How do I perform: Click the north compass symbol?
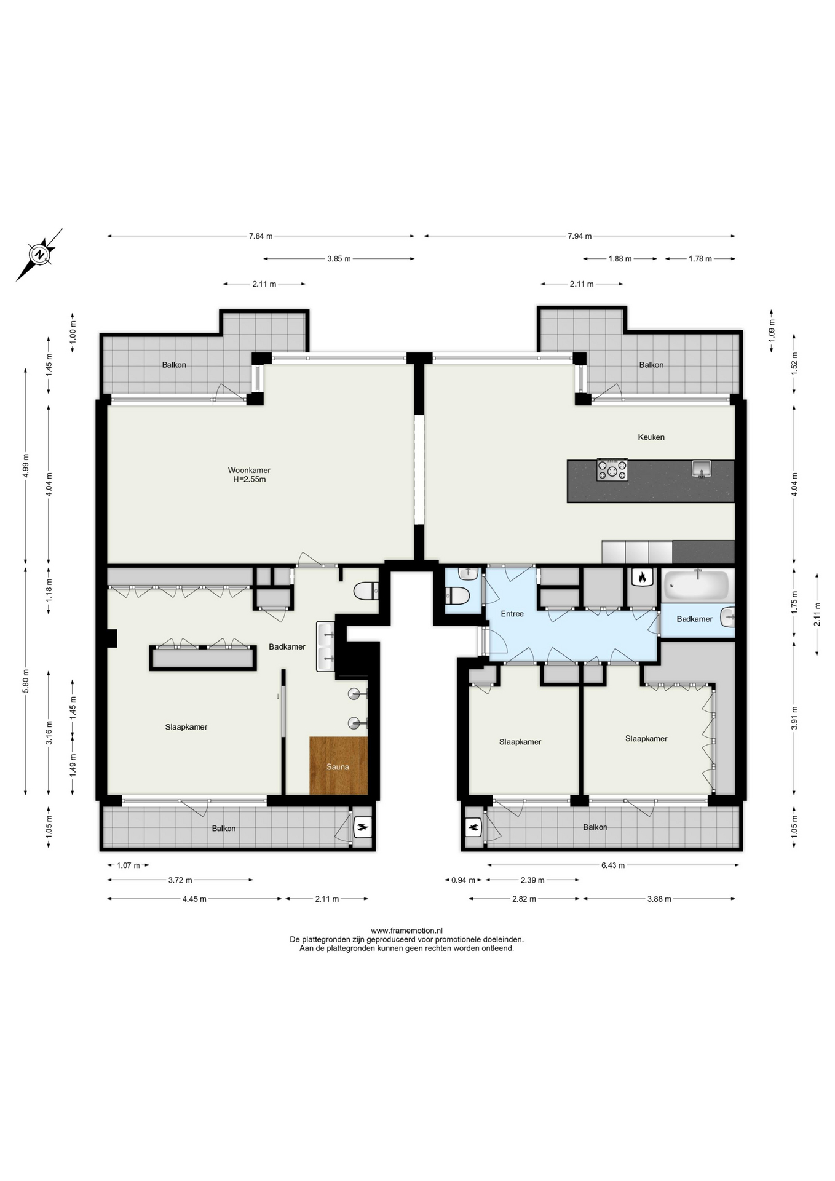[39, 255]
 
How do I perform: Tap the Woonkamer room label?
[249, 471]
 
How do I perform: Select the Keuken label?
[651, 437]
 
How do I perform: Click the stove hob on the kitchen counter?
[612, 471]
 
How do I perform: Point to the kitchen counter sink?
[701, 469]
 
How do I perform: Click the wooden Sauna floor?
[338, 766]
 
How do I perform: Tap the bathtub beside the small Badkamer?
[697, 585]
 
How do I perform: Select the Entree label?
[512, 614]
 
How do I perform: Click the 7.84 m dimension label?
[261, 236]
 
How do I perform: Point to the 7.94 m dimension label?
[580, 236]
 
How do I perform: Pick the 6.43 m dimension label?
[613, 865]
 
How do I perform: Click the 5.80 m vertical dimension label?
[26, 681]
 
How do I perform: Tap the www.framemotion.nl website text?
[406, 931]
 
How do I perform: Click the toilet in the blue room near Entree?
[457, 596]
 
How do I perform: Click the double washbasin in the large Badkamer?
[325, 646]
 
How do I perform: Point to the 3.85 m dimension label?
[339, 259]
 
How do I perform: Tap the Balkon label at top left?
[174, 365]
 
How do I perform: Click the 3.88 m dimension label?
[659, 899]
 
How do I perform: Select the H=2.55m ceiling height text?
[249, 480]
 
